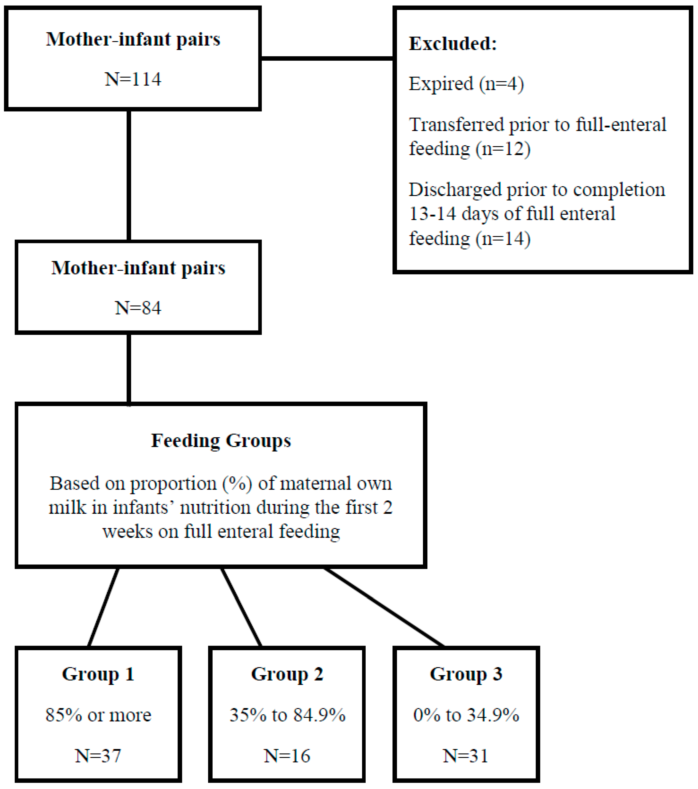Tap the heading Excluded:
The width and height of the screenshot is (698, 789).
(x=453, y=43)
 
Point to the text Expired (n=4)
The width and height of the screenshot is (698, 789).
(x=466, y=84)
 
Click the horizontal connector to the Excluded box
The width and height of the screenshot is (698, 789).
(x=327, y=59)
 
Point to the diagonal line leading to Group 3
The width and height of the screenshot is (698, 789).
(x=384, y=607)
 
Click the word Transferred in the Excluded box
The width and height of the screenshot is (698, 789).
(x=456, y=125)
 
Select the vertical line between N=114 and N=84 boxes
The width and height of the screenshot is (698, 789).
(x=129, y=176)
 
